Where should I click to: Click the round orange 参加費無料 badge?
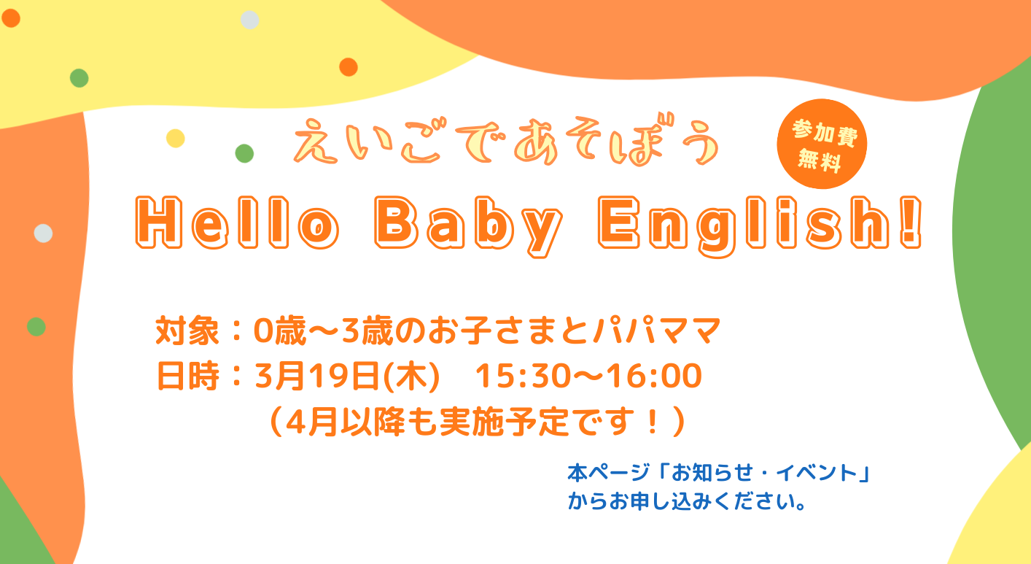coord(821,144)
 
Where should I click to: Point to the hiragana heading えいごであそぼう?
coord(505,143)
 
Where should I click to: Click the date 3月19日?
coord(318,376)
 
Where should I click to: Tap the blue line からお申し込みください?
coord(685,503)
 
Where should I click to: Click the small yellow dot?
coord(176,138)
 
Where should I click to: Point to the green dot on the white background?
coord(244,153)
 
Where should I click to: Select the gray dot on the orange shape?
coord(44,233)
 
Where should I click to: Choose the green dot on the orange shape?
coord(36,326)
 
